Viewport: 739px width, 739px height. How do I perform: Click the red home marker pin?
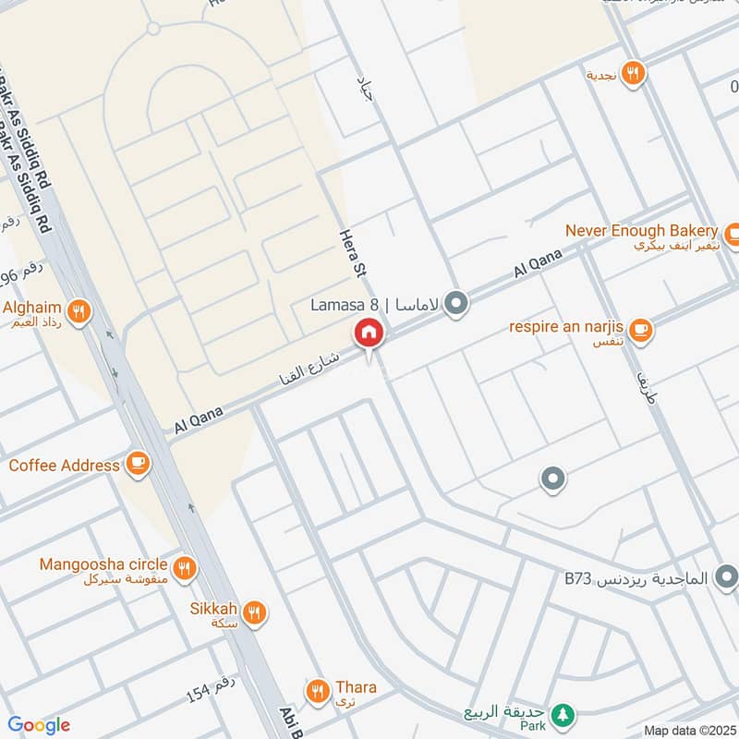[369, 333]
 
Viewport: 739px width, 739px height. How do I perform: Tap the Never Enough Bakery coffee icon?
[733, 231]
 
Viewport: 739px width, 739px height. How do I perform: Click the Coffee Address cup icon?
[138, 464]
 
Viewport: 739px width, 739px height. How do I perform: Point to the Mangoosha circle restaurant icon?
[185, 565]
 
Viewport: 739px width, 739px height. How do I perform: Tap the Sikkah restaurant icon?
[255, 611]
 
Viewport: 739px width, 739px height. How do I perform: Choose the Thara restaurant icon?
[319, 689]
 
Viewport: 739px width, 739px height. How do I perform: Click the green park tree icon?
[561, 714]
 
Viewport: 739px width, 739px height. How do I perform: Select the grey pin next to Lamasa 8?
[455, 303]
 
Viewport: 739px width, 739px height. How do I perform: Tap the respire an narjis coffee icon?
[640, 328]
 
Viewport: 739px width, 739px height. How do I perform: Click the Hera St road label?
[353, 254]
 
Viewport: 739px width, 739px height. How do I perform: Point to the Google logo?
[39, 725]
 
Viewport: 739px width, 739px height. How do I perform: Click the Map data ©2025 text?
[688, 730]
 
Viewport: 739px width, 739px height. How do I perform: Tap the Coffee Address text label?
[64, 465]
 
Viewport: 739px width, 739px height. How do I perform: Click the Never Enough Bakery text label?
[641, 230]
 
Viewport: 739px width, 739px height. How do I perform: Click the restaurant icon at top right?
[632, 74]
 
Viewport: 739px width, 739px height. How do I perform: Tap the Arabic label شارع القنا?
[309, 369]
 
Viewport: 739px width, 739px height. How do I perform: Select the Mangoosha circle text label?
[103, 563]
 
